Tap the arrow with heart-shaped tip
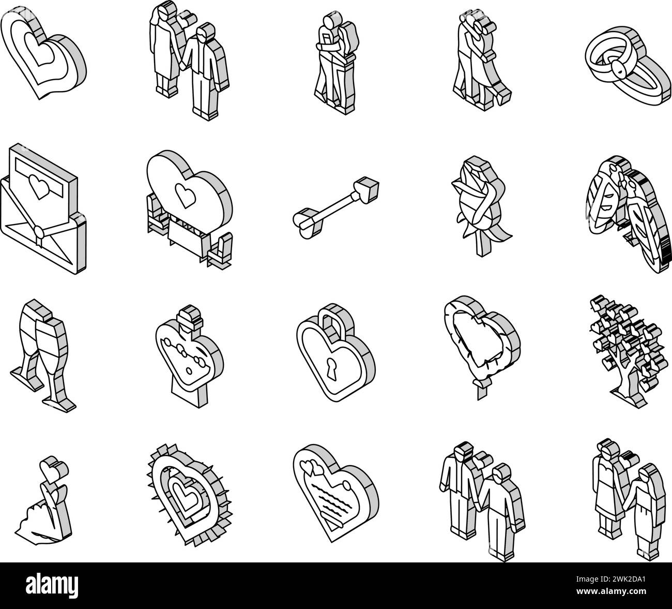point(336,205)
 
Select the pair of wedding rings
point(629,66)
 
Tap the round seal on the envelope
point(39,232)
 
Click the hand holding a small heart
point(44,500)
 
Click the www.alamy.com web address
point(610,591)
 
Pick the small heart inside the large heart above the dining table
point(185,196)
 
